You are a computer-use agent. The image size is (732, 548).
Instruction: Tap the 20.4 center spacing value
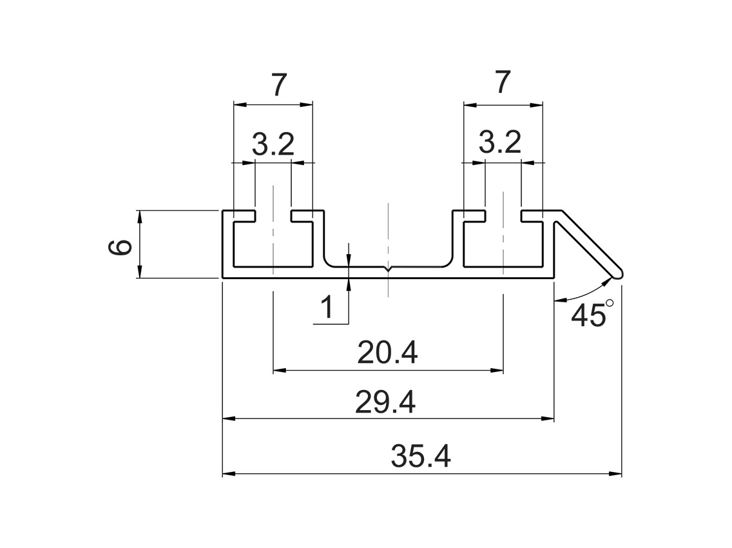(x=388, y=353)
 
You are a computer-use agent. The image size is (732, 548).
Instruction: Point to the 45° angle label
(x=588, y=316)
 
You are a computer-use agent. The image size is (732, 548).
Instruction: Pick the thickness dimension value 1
(x=327, y=308)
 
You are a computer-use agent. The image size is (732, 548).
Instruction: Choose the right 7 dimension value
(x=503, y=83)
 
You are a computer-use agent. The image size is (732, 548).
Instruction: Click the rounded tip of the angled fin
(x=618, y=273)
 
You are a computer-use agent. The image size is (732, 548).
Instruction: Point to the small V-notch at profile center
(x=388, y=268)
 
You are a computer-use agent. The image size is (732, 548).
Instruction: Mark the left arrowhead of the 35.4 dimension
(x=227, y=474)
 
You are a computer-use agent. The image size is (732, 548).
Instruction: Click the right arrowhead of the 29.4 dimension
(x=549, y=419)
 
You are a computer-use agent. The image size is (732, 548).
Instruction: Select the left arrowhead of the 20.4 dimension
(x=278, y=371)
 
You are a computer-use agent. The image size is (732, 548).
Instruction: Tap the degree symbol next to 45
(x=610, y=303)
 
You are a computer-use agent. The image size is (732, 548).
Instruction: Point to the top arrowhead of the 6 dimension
(x=139, y=214)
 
